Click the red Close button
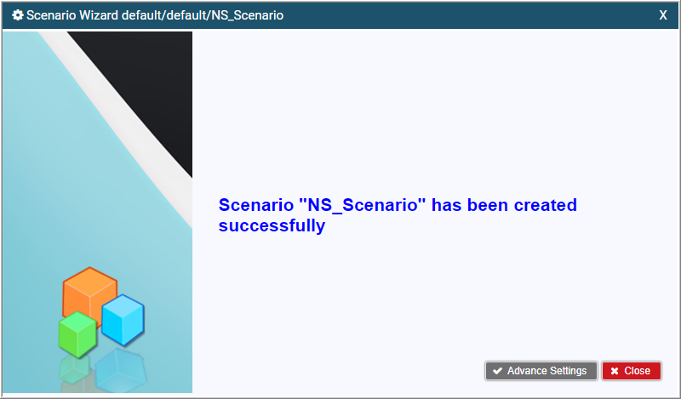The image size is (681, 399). pyautogui.click(x=632, y=371)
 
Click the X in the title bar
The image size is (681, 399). pyautogui.click(x=663, y=15)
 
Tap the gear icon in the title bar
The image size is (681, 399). pyautogui.click(x=18, y=15)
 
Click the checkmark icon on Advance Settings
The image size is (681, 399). pyautogui.click(x=498, y=371)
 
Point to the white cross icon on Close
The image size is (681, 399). pyautogui.click(x=615, y=371)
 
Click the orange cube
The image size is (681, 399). pyautogui.click(x=89, y=294)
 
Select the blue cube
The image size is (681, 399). pyautogui.click(x=123, y=320)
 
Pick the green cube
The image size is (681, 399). pyautogui.click(x=77, y=334)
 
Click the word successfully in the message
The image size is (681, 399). pyautogui.click(x=272, y=225)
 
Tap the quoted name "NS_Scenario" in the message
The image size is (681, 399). pyautogui.click(x=363, y=205)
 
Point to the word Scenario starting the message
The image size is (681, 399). pyautogui.click(x=256, y=205)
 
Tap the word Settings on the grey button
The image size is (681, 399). pyautogui.click(x=568, y=371)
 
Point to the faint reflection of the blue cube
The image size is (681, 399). pyautogui.click(x=121, y=369)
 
